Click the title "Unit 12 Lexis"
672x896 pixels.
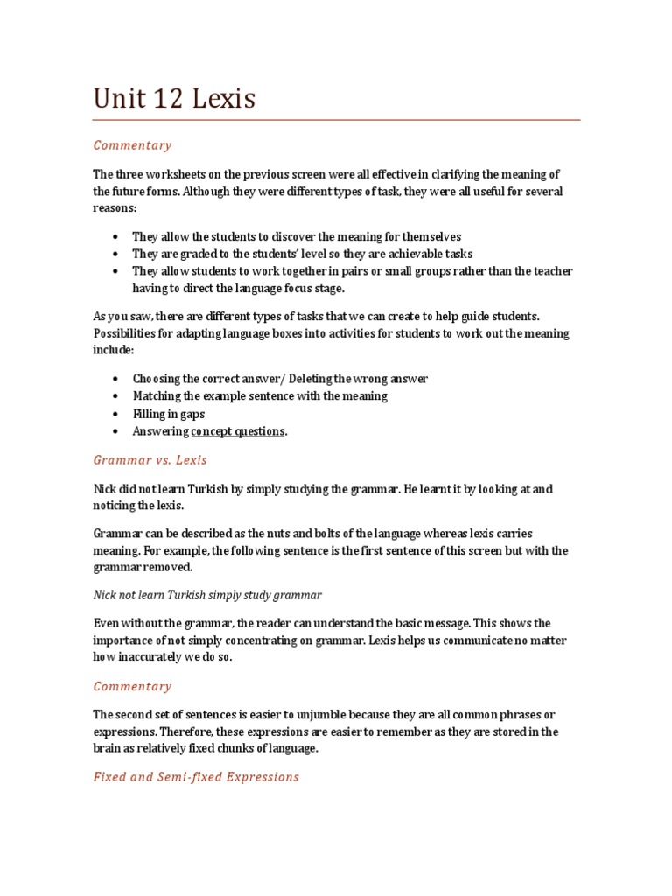pos(174,99)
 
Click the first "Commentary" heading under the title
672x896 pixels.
pos(132,145)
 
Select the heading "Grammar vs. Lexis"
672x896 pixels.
pos(150,459)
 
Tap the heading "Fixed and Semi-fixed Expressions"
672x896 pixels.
pos(196,776)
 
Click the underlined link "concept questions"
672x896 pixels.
pos(237,431)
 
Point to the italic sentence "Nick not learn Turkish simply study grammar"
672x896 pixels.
pos(207,595)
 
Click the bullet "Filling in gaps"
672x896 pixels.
pos(168,414)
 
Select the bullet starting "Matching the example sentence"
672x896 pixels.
pos(259,396)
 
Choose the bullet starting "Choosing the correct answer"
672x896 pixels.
pos(279,379)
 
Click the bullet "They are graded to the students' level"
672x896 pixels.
pos(302,254)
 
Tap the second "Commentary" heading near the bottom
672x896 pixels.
pos(132,686)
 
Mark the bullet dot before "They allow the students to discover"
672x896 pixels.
pos(115,237)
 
